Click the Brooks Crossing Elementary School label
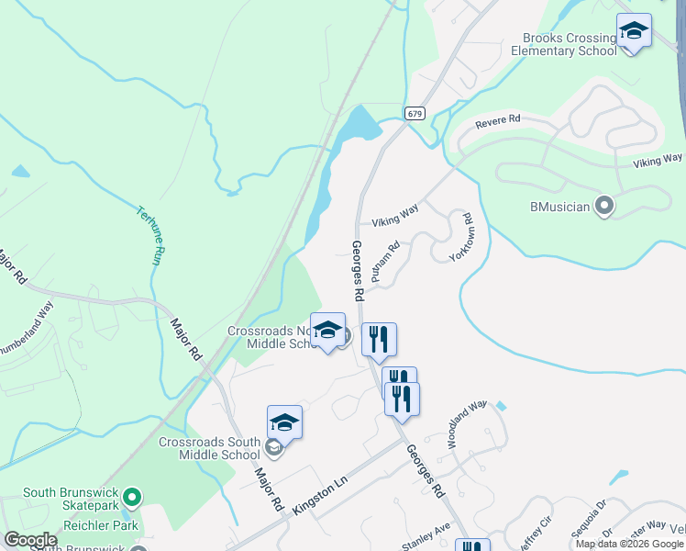point(569,44)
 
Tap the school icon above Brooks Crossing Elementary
point(634,32)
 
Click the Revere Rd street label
point(497,120)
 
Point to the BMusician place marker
point(603,206)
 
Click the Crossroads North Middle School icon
point(327,332)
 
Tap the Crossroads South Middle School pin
point(284,423)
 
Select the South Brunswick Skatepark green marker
point(132,498)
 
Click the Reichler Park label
point(100,526)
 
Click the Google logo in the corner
point(30,540)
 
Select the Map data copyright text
point(629,544)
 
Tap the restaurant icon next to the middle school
point(379,340)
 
